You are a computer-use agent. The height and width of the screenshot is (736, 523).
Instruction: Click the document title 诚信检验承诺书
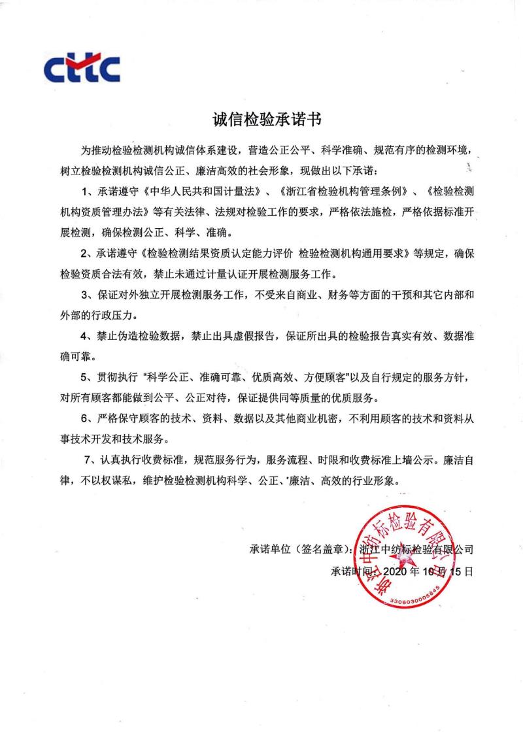pyautogui.click(x=261, y=120)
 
